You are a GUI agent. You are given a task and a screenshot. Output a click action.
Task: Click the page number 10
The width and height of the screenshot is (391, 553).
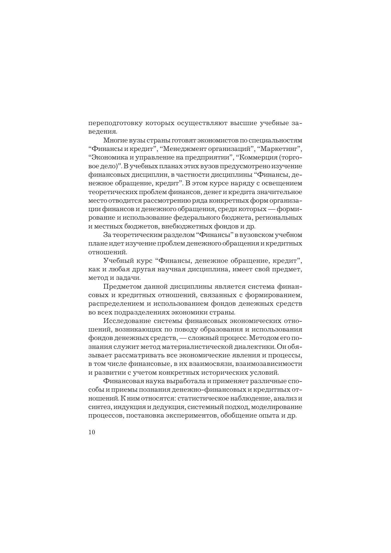[92, 432]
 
